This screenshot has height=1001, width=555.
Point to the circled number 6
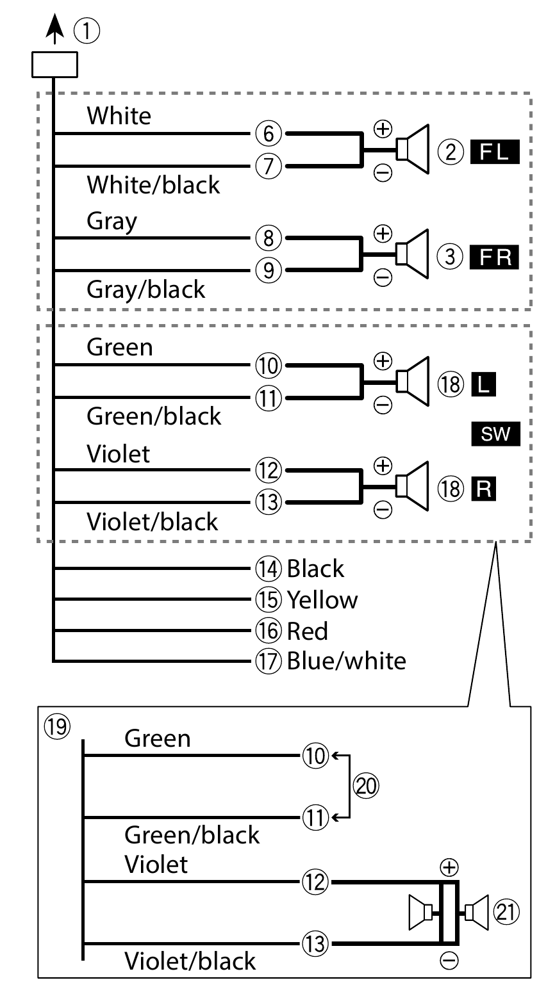point(269,134)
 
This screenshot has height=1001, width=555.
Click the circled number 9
point(269,271)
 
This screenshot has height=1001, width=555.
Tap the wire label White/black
point(153,185)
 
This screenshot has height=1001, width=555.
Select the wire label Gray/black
point(146,289)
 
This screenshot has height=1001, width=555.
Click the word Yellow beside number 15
point(322,600)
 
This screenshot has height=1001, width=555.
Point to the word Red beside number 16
point(307,631)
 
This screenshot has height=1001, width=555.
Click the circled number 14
point(269,569)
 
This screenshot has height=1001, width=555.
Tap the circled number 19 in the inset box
point(56,726)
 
